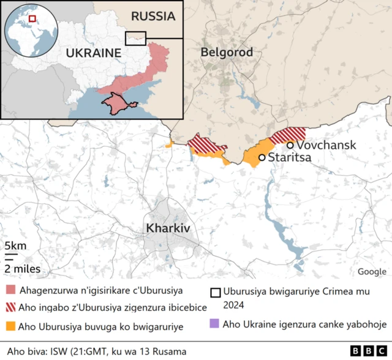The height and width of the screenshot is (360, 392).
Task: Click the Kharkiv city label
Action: pyautogui.click(x=168, y=228)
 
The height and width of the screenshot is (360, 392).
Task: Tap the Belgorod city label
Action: pyautogui.click(x=227, y=53)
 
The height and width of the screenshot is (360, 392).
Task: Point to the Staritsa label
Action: pyautogui.click(x=290, y=158)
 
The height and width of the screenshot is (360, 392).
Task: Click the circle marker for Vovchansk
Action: pyautogui.click(x=290, y=145)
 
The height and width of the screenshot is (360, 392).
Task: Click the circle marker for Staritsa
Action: pyautogui.click(x=262, y=158)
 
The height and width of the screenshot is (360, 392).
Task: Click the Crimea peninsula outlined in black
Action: pyautogui.click(x=115, y=103)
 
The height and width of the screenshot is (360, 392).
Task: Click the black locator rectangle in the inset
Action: pyautogui.click(x=135, y=38)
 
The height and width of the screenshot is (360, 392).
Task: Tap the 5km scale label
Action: pyautogui.click(x=15, y=246)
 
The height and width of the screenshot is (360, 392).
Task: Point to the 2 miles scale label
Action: pyautogui.click(x=23, y=268)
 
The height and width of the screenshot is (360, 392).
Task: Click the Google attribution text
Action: pyautogui.click(x=372, y=272)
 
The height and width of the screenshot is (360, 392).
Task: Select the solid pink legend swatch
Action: pyautogui.click(x=10, y=290)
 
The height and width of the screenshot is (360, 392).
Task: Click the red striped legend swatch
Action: pyautogui.click(x=10, y=308)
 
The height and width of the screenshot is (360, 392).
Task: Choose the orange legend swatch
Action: pyautogui.click(x=10, y=327)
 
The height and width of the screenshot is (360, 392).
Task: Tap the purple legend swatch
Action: pyautogui.click(x=213, y=323)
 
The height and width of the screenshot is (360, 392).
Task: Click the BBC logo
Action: pyautogui.click(x=369, y=350)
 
